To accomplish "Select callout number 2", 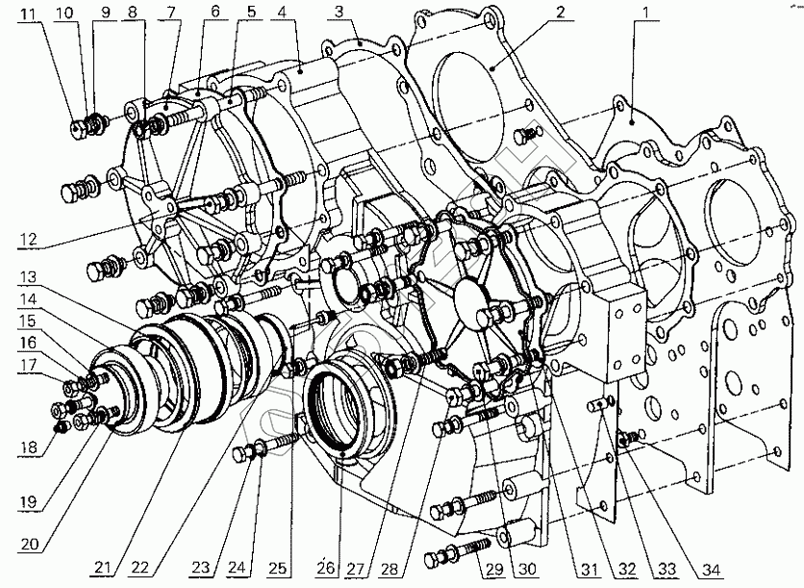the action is (x=561, y=12).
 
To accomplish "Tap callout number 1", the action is (x=646, y=12).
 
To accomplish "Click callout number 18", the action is (x=29, y=447).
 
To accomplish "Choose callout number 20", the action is (x=30, y=544).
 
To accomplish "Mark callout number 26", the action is (x=326, y=568).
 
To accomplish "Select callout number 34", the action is (x=711, y=569).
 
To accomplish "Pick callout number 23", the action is (x=202, y=567).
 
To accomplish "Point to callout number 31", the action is (x=590, y=569).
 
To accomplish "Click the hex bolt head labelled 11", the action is (x=78, y=129).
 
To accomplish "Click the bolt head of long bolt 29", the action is (x=435, y=559).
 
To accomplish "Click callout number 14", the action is (x=28, y=299).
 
